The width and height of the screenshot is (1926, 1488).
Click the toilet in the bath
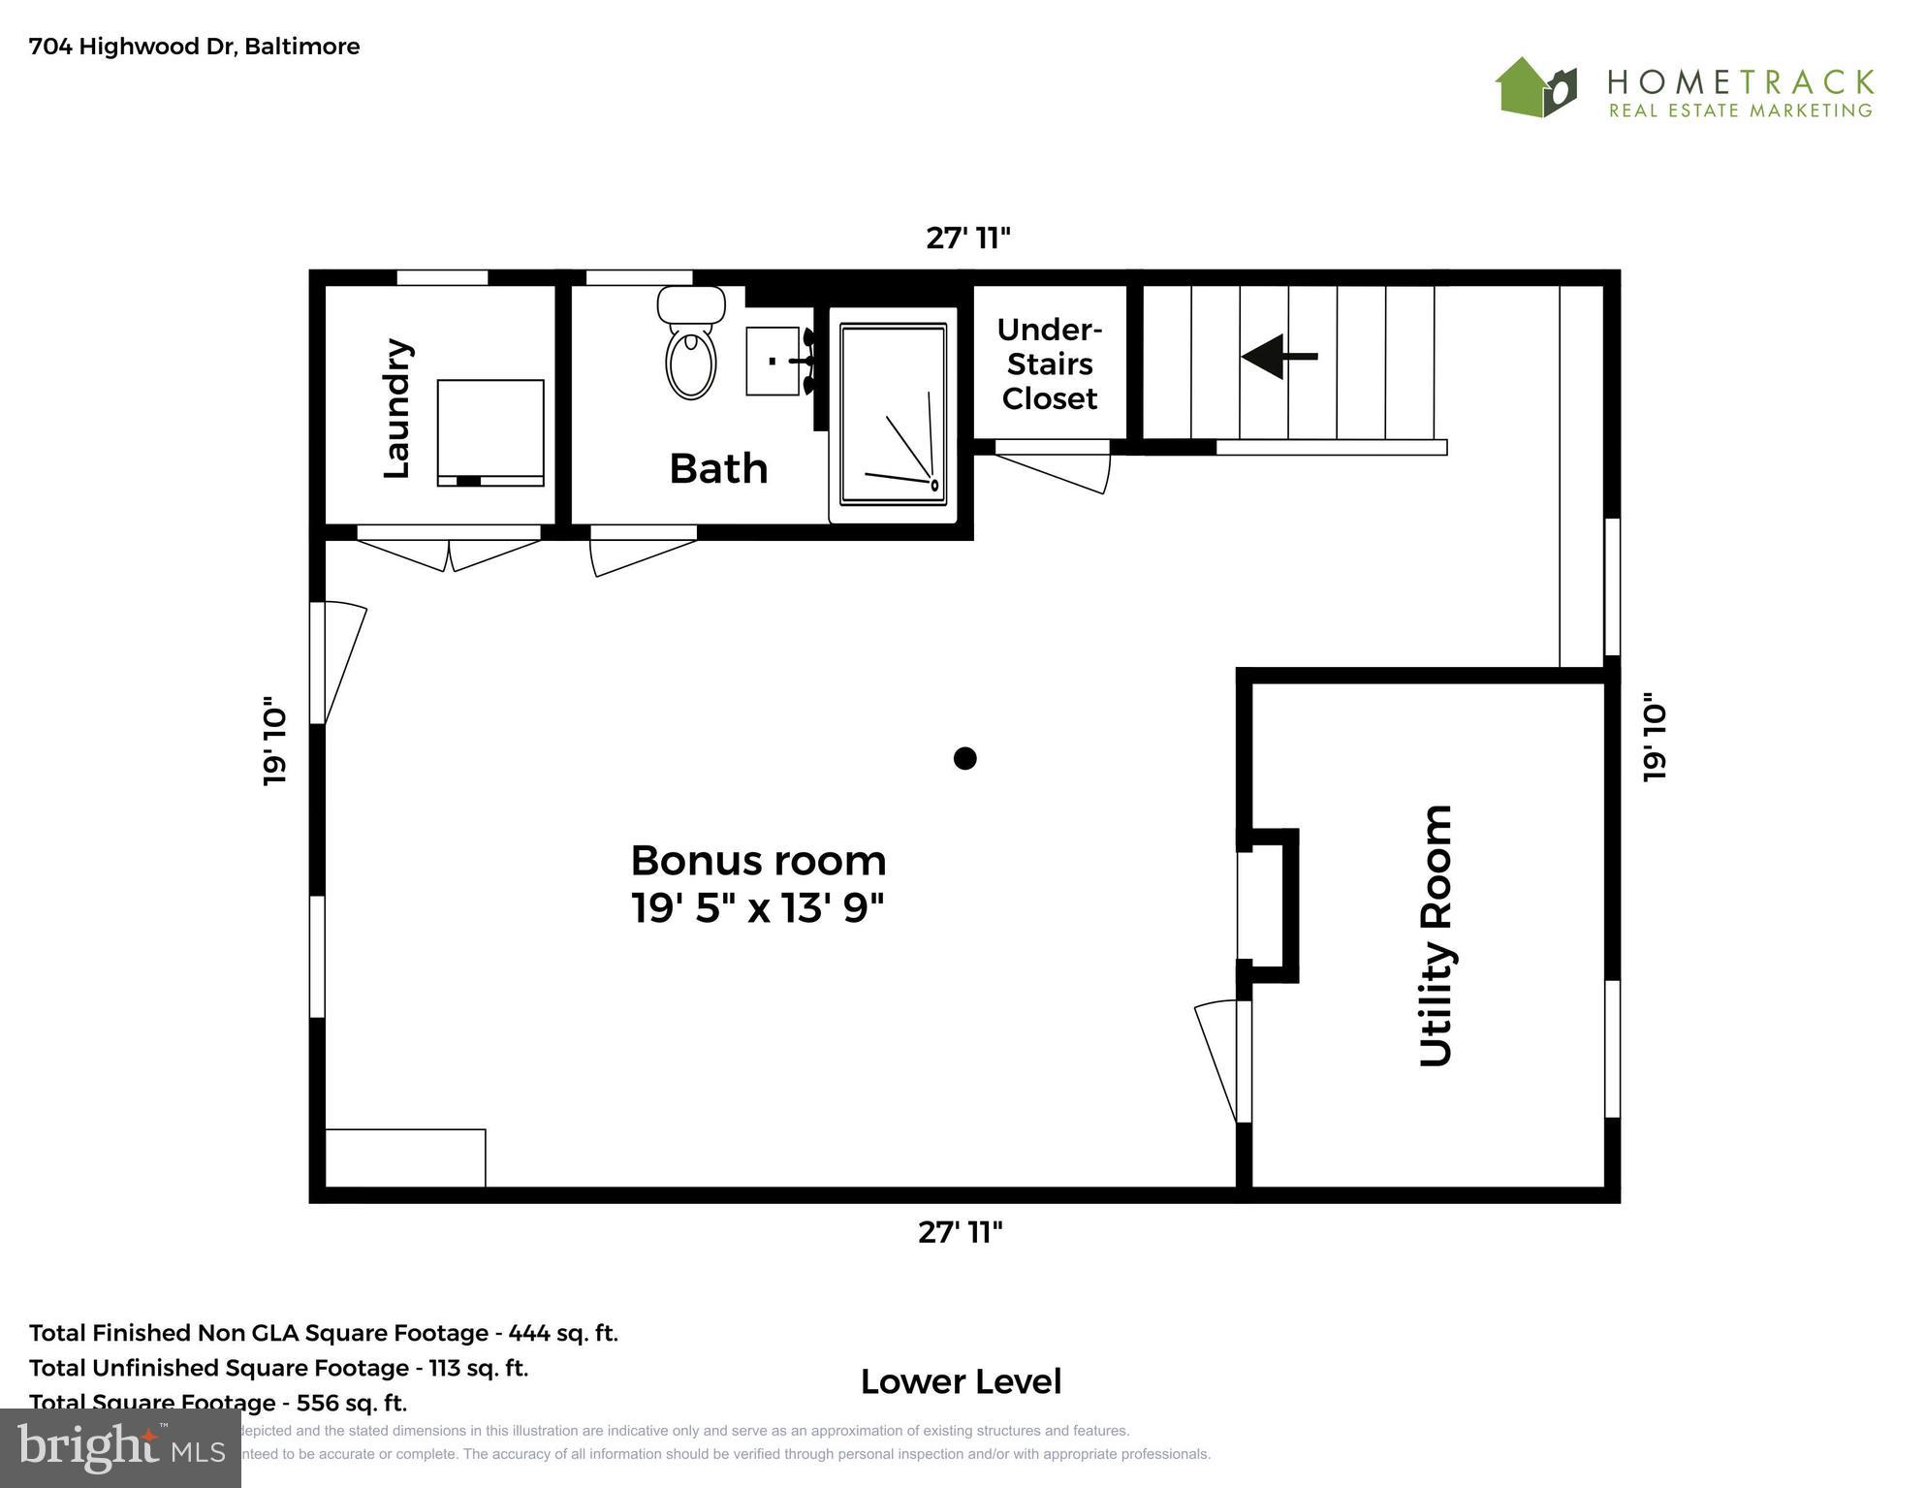pos(691,349)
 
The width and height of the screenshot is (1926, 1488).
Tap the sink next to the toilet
pos(773,361)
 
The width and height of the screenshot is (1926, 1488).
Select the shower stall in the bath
pos(893,415)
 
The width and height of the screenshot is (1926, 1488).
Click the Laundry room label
pos(397,408)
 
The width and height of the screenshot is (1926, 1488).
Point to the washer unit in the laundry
pos(489,432)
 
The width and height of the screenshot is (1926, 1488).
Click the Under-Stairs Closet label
pos(1049,364)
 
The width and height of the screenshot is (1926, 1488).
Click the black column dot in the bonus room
pos(964,758)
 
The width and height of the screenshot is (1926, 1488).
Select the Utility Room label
pos(1436,935)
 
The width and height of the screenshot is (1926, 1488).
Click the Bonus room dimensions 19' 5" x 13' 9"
pos(758,908)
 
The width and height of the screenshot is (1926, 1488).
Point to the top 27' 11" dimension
pos(967,237)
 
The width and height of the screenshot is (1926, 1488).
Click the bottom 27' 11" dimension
pos(960,1232)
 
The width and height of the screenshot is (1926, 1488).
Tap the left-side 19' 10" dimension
pos(275,741)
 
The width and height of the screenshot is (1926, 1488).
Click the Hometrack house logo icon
pos(1535,88)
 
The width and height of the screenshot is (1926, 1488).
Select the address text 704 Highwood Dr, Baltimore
pos(194,47)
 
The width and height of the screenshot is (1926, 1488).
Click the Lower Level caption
pos(961,1381)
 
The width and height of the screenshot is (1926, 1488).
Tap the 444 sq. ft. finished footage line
pos(323,1333)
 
